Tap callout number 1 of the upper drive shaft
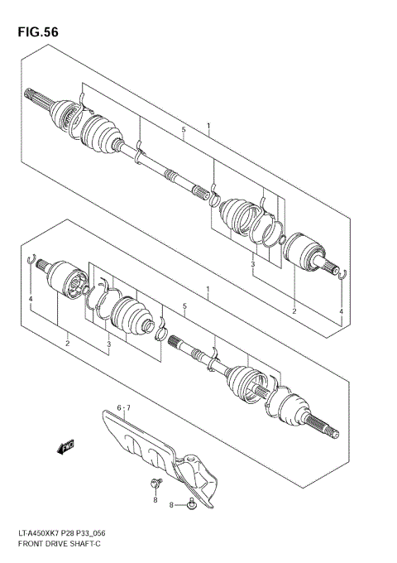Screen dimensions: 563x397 point(208,126)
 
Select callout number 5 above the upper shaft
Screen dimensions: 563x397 point(184,131)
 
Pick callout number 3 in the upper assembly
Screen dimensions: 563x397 point(253,264)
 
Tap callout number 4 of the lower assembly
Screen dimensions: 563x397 point(31,298)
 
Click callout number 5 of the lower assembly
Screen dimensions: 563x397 point(184,306)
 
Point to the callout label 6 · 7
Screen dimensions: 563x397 point(124,408)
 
